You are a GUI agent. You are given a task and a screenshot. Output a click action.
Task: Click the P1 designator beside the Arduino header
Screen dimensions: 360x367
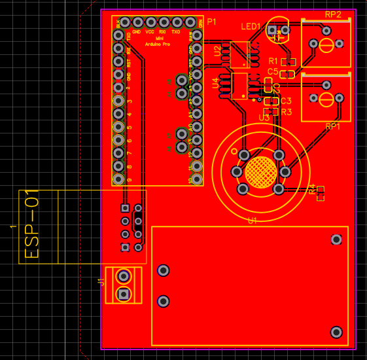pos(211,22)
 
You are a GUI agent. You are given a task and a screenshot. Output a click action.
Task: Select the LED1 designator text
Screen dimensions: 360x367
pos(251,27)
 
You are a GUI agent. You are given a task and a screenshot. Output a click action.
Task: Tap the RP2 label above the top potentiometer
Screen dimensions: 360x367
pos(333,14)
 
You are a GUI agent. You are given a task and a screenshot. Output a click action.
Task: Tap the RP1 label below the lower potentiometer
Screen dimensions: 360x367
pos(333,126)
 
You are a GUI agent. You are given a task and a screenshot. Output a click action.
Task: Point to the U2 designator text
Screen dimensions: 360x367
pos(217,52)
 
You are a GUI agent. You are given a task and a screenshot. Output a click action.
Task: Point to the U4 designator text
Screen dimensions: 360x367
pos(216,83)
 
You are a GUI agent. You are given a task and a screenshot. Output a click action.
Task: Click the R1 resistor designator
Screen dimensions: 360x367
pos(273,61)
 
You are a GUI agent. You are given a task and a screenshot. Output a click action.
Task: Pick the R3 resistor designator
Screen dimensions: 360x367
pos(286,112)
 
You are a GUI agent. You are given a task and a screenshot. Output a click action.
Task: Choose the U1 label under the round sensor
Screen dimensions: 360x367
pos(252,221)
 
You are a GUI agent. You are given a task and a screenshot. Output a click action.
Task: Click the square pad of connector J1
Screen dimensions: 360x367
pos(123,295)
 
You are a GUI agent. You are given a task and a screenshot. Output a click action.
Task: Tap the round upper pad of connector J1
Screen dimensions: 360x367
pos(123,276)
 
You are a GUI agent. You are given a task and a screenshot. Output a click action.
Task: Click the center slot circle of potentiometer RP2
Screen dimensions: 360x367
pos(325,44)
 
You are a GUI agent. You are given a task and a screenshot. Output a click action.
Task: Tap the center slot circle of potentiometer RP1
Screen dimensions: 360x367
pos(325,99)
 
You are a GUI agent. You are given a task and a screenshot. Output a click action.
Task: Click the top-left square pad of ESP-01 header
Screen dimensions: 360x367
pos(124,207)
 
